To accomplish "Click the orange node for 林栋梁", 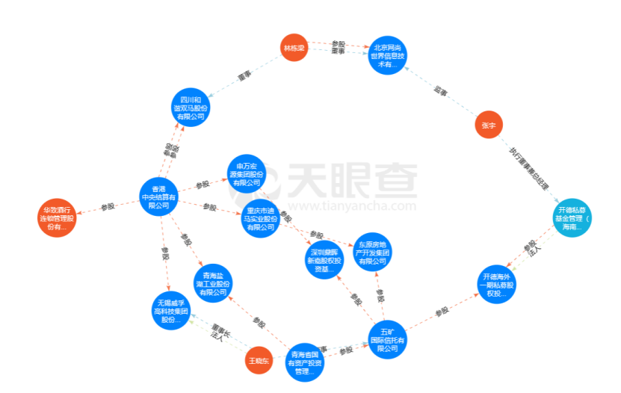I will tap(294, 49).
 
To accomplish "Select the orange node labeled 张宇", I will tap(489, 124).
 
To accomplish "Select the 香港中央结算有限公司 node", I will tap(159, 196).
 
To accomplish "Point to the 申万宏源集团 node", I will tap(247, 173).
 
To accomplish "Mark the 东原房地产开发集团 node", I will tap(371, 252).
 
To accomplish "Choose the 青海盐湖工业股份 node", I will tap(213, 282).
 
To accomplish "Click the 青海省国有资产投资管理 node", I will tap(306, 363).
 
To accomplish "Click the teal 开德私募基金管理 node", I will tap(573, 217).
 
